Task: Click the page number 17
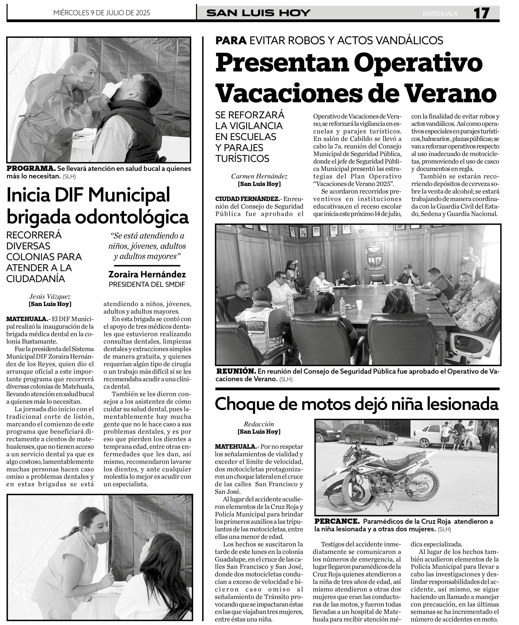(x=481, y=13)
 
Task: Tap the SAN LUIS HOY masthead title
(x=258, y=13)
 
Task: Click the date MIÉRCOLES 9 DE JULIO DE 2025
(x=102, y=13)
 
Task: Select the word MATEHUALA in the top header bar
(x=440, y=14)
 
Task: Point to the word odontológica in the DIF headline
(x=132, y=218)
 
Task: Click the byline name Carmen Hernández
(x=259, y=176)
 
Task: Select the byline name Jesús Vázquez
(x=50, y=296)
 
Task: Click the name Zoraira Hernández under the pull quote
(x=147, y=274)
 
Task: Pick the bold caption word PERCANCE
(x=337, y=521)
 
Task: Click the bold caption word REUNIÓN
(x=236, y=371)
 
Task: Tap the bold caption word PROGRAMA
(x=31, y=168)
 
